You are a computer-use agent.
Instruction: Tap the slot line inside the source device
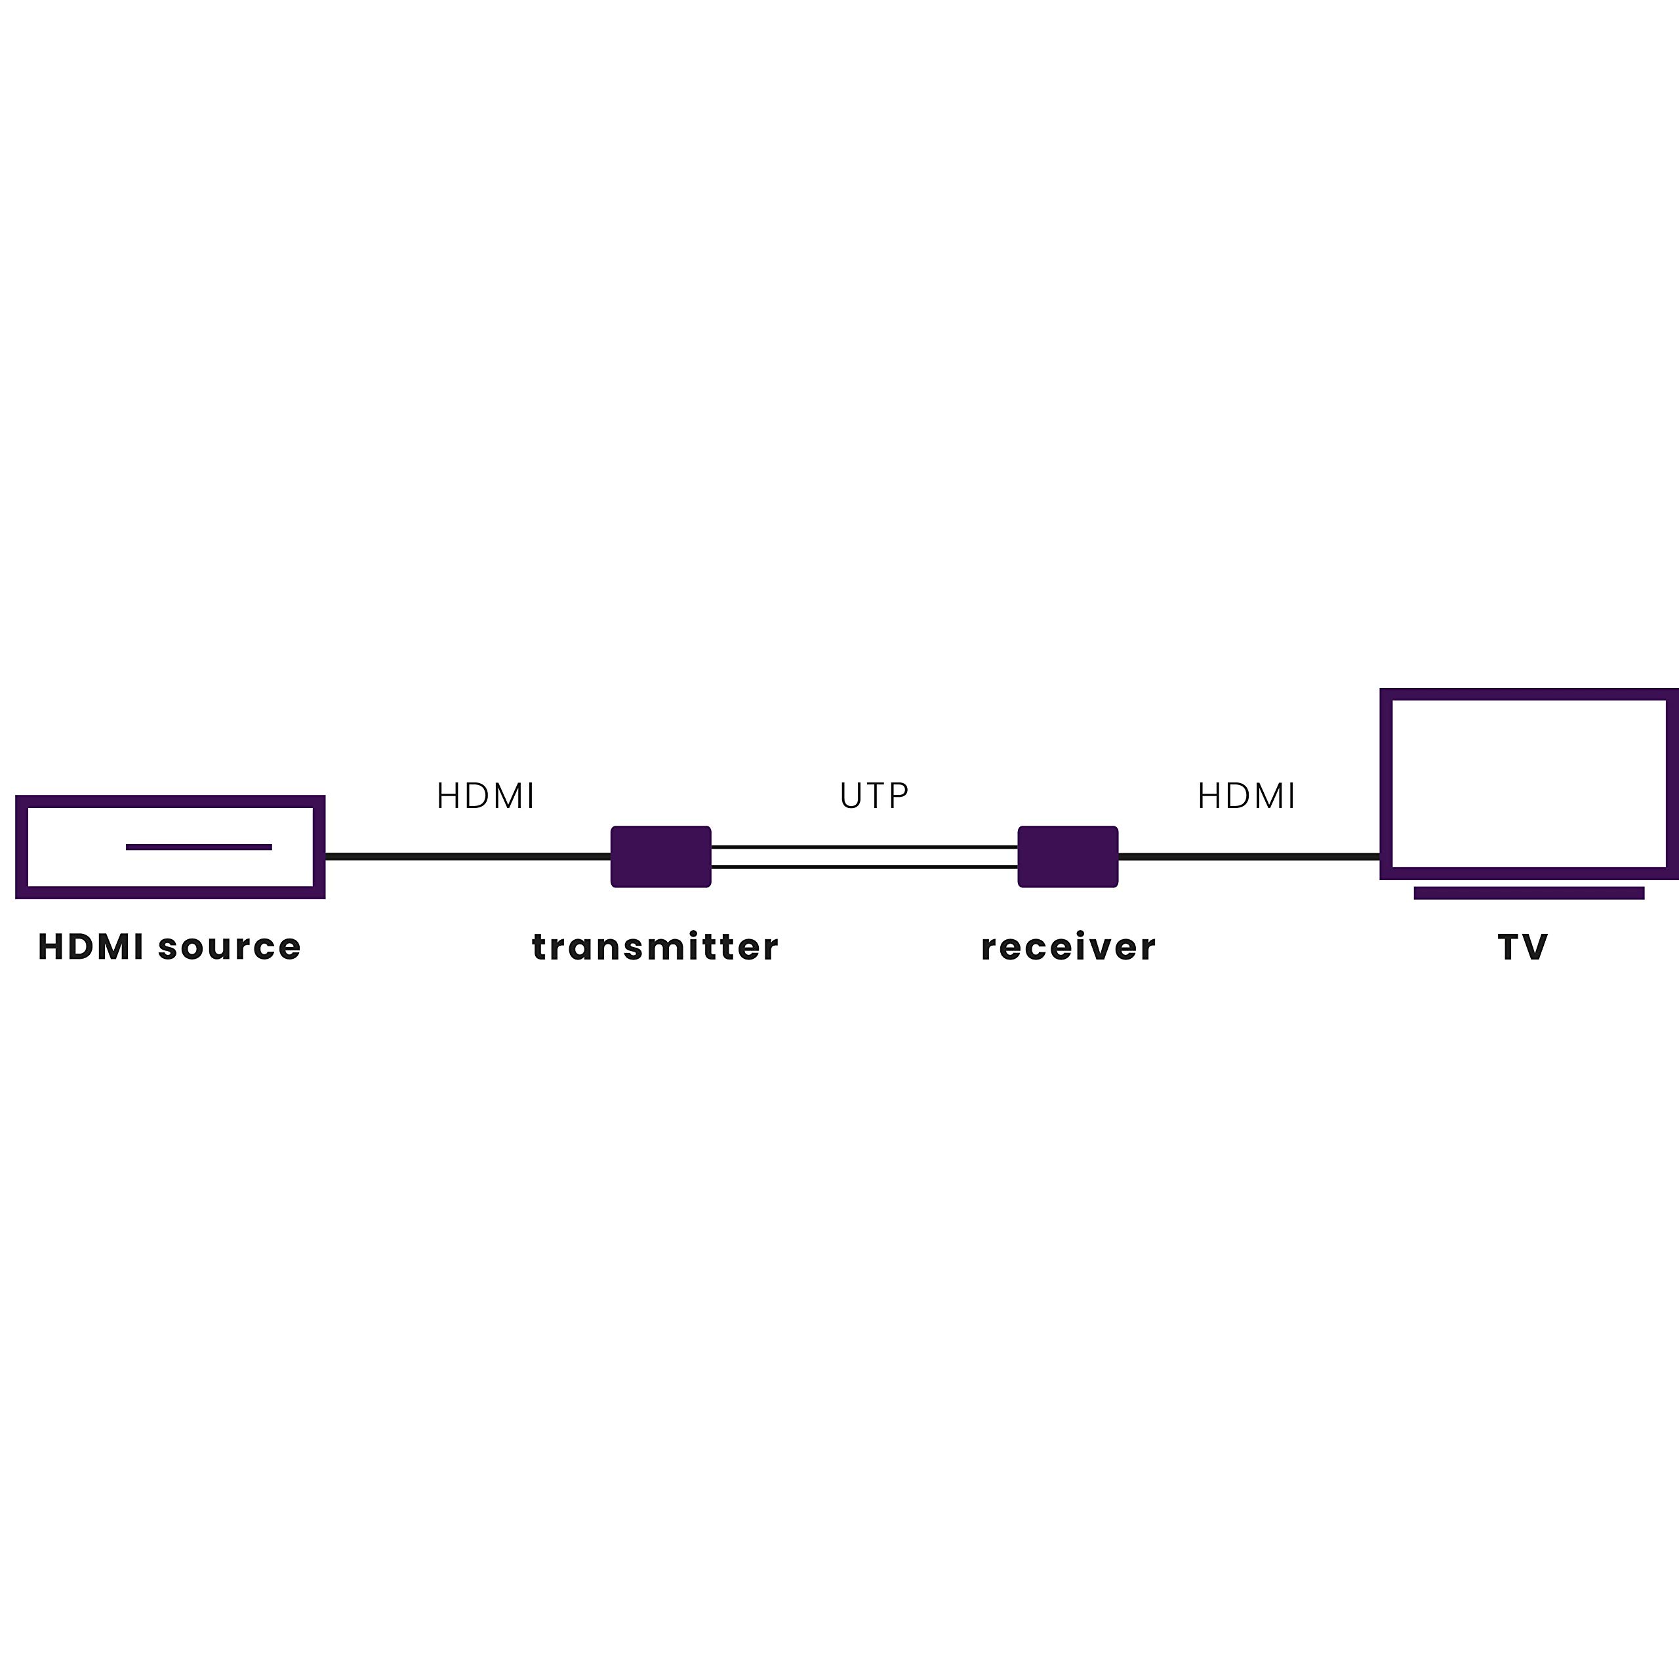(x=199, y=847)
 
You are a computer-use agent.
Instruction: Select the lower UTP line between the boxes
(x=864, y=866)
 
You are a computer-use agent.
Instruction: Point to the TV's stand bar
(x=1529, y=893)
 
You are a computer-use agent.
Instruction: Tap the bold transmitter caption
(x=655, y=947)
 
